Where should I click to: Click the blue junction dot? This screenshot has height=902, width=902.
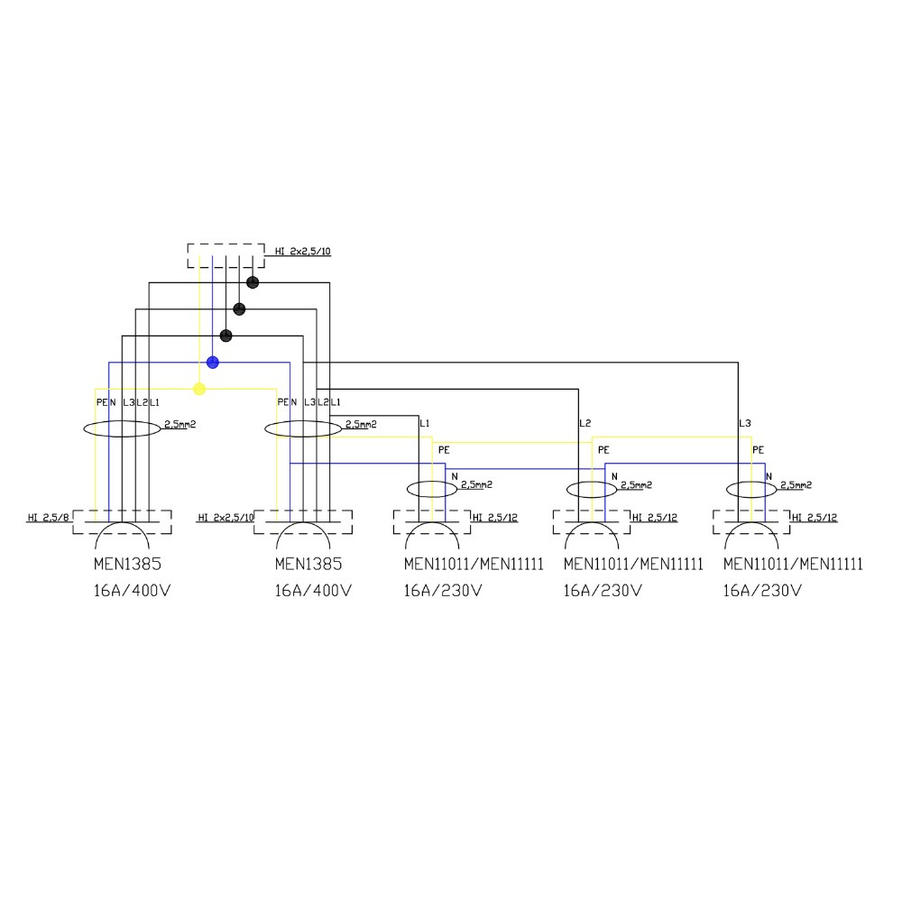[x=213, y=363]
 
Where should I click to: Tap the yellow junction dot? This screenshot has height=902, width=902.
[x=199, y=389]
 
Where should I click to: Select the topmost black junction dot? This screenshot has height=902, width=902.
[x=253, y=282]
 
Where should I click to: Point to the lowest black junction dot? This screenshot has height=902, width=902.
[x=226, y=336]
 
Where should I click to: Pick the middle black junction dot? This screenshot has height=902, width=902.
[x=239, y=308]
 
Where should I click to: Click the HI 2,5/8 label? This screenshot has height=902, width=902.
[x=49, y=517]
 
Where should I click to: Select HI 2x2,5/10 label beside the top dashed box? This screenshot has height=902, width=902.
[x=303, y=251]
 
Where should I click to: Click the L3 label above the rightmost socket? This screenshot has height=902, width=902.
[x=744, y=423]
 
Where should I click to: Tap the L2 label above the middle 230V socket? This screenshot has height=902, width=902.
[x=584, y=423]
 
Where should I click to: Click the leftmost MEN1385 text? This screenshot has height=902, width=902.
[x=127, y=565]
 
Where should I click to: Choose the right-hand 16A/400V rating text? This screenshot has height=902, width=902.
[x=312, y=592]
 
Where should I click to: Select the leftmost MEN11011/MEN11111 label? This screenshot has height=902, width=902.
[x=474, y=565]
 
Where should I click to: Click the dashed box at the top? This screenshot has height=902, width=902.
[x=225, y=255]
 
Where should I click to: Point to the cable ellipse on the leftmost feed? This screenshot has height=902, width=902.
[x=123, y=428]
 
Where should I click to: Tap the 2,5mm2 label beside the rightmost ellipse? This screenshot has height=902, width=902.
[x=796, y=484]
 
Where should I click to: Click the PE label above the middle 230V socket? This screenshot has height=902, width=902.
[x=603, y=449]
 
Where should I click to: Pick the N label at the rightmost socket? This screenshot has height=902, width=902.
[x=769, y=475]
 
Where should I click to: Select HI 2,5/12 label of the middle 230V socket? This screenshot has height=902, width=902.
[x=655, y=517]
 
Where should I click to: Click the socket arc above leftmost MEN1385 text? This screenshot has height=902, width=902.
[x=122, y=532]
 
